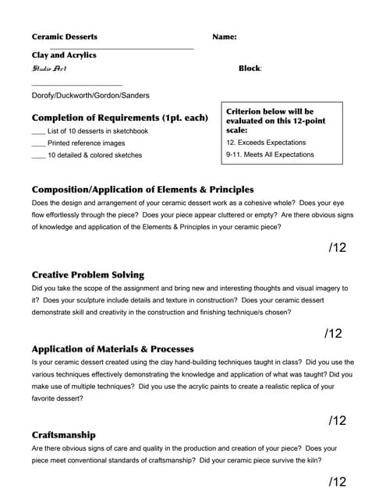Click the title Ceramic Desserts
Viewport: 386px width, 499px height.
[x=65, y=37]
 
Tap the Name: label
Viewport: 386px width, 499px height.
[x=225, y=37]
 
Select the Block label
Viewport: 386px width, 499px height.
[x=250, y=69]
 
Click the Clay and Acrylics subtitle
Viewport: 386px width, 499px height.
[x=64, y=55]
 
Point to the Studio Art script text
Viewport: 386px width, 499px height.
[x=49, y=69]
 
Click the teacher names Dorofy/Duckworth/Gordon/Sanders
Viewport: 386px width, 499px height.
[x=90, y=96]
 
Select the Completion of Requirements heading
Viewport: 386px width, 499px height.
[x=120, y=118]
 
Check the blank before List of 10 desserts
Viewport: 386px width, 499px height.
[x=38, y=132]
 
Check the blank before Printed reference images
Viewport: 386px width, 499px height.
[x=38, y=143]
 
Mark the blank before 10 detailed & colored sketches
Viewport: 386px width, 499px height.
[x=38, y=155]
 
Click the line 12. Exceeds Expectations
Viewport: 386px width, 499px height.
[x=266, y=143]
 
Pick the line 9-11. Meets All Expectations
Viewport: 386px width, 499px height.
[x=270, y=154]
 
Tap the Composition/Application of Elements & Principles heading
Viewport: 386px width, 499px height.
[x=143, y=189]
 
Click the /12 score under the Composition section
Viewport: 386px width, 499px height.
[x=338, y=248]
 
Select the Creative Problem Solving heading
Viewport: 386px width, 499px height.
[x=88, y=275]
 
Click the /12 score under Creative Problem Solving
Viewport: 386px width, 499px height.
[x=333, y=334]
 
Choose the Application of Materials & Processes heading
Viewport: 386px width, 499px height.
[x=113, y=349]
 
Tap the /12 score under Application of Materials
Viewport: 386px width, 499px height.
[x=338, y=420]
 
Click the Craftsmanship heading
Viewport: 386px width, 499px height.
[x=64, y=435]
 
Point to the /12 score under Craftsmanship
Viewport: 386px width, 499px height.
[x=338, y=481]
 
